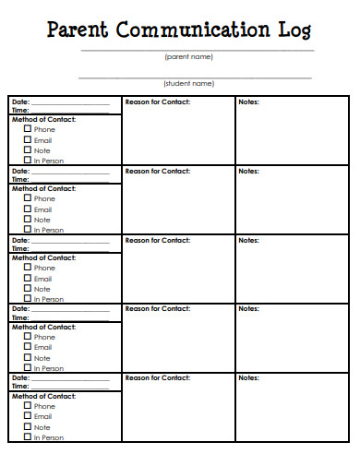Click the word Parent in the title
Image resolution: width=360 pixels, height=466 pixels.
78,30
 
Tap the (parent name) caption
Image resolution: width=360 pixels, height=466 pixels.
189,57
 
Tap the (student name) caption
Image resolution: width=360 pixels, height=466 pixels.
189,83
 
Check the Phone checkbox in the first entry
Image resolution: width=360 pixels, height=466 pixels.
28,129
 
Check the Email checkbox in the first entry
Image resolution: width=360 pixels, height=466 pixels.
28,139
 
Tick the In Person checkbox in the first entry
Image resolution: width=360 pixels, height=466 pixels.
28,161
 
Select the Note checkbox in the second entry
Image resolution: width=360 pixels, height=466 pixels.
28,220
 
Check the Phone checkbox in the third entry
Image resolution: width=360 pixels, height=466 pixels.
28,268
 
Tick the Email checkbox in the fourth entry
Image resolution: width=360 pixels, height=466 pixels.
28,347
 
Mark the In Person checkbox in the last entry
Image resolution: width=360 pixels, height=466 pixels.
28,437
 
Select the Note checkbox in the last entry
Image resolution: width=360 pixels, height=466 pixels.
28,427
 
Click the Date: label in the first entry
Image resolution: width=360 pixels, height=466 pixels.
19,102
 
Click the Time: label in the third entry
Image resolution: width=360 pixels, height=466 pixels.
19,248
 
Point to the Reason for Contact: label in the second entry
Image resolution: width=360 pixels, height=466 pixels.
157,171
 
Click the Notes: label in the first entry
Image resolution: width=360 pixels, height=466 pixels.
248,102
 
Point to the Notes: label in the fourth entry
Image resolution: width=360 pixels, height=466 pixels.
248,308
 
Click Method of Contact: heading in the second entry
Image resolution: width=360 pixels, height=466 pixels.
42,188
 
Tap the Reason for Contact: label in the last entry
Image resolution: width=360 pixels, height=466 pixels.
157,377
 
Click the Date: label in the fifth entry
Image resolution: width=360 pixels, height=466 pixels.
19,377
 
